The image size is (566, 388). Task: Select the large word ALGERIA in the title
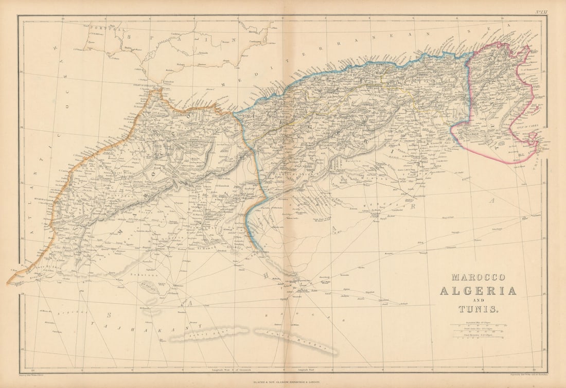point(477,291)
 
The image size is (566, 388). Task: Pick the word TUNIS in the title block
point(478,310)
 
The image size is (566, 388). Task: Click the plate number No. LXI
point(541,11)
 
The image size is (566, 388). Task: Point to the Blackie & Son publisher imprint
point(283,381)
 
